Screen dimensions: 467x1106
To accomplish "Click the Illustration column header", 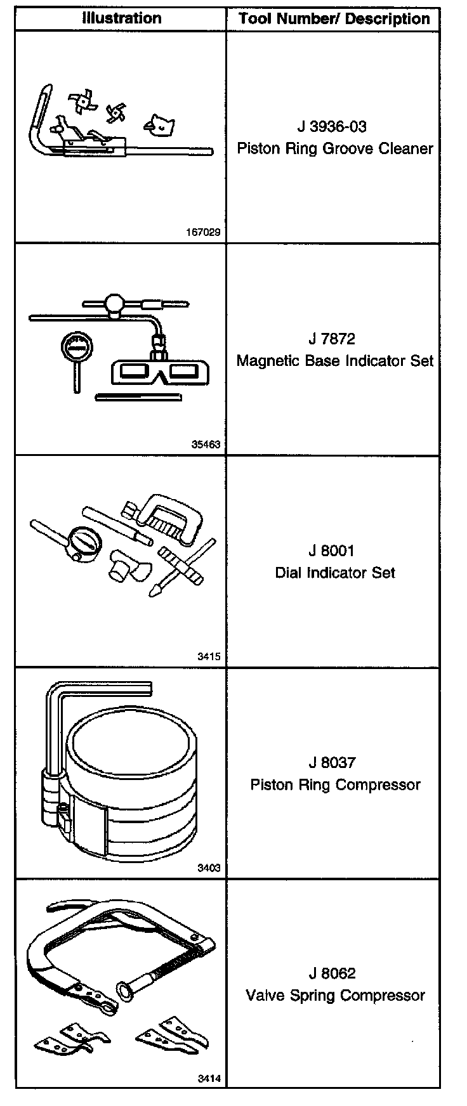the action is pos(121,18).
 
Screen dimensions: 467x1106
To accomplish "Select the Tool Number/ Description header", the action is pos(334,19).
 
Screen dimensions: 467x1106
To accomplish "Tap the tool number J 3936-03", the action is pos(334,127).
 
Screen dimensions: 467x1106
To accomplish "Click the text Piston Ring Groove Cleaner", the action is pos(334,149).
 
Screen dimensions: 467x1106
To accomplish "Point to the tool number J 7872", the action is pos(334,339).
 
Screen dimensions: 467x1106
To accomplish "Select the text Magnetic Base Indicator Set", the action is pos(334,361).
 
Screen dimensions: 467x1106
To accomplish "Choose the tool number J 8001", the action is pos(334,551).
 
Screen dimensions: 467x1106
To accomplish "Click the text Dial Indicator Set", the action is pos(334,573).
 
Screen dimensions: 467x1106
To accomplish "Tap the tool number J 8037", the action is pos(334,763).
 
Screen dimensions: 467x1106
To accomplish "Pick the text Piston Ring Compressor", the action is pos(334,784).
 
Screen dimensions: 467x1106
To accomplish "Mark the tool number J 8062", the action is pos(334,973).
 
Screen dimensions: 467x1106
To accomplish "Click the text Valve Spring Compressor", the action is pos(334,996).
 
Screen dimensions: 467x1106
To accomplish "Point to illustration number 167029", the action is pos(203,232).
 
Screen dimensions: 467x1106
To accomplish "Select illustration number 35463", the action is pos(206,445).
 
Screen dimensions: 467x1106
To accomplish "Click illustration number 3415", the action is pos(209,656).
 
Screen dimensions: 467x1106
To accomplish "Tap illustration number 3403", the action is pos(209,868).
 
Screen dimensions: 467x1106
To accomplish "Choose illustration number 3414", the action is pos(209,1079).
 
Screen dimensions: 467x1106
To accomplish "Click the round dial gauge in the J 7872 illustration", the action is pos(74,348).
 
